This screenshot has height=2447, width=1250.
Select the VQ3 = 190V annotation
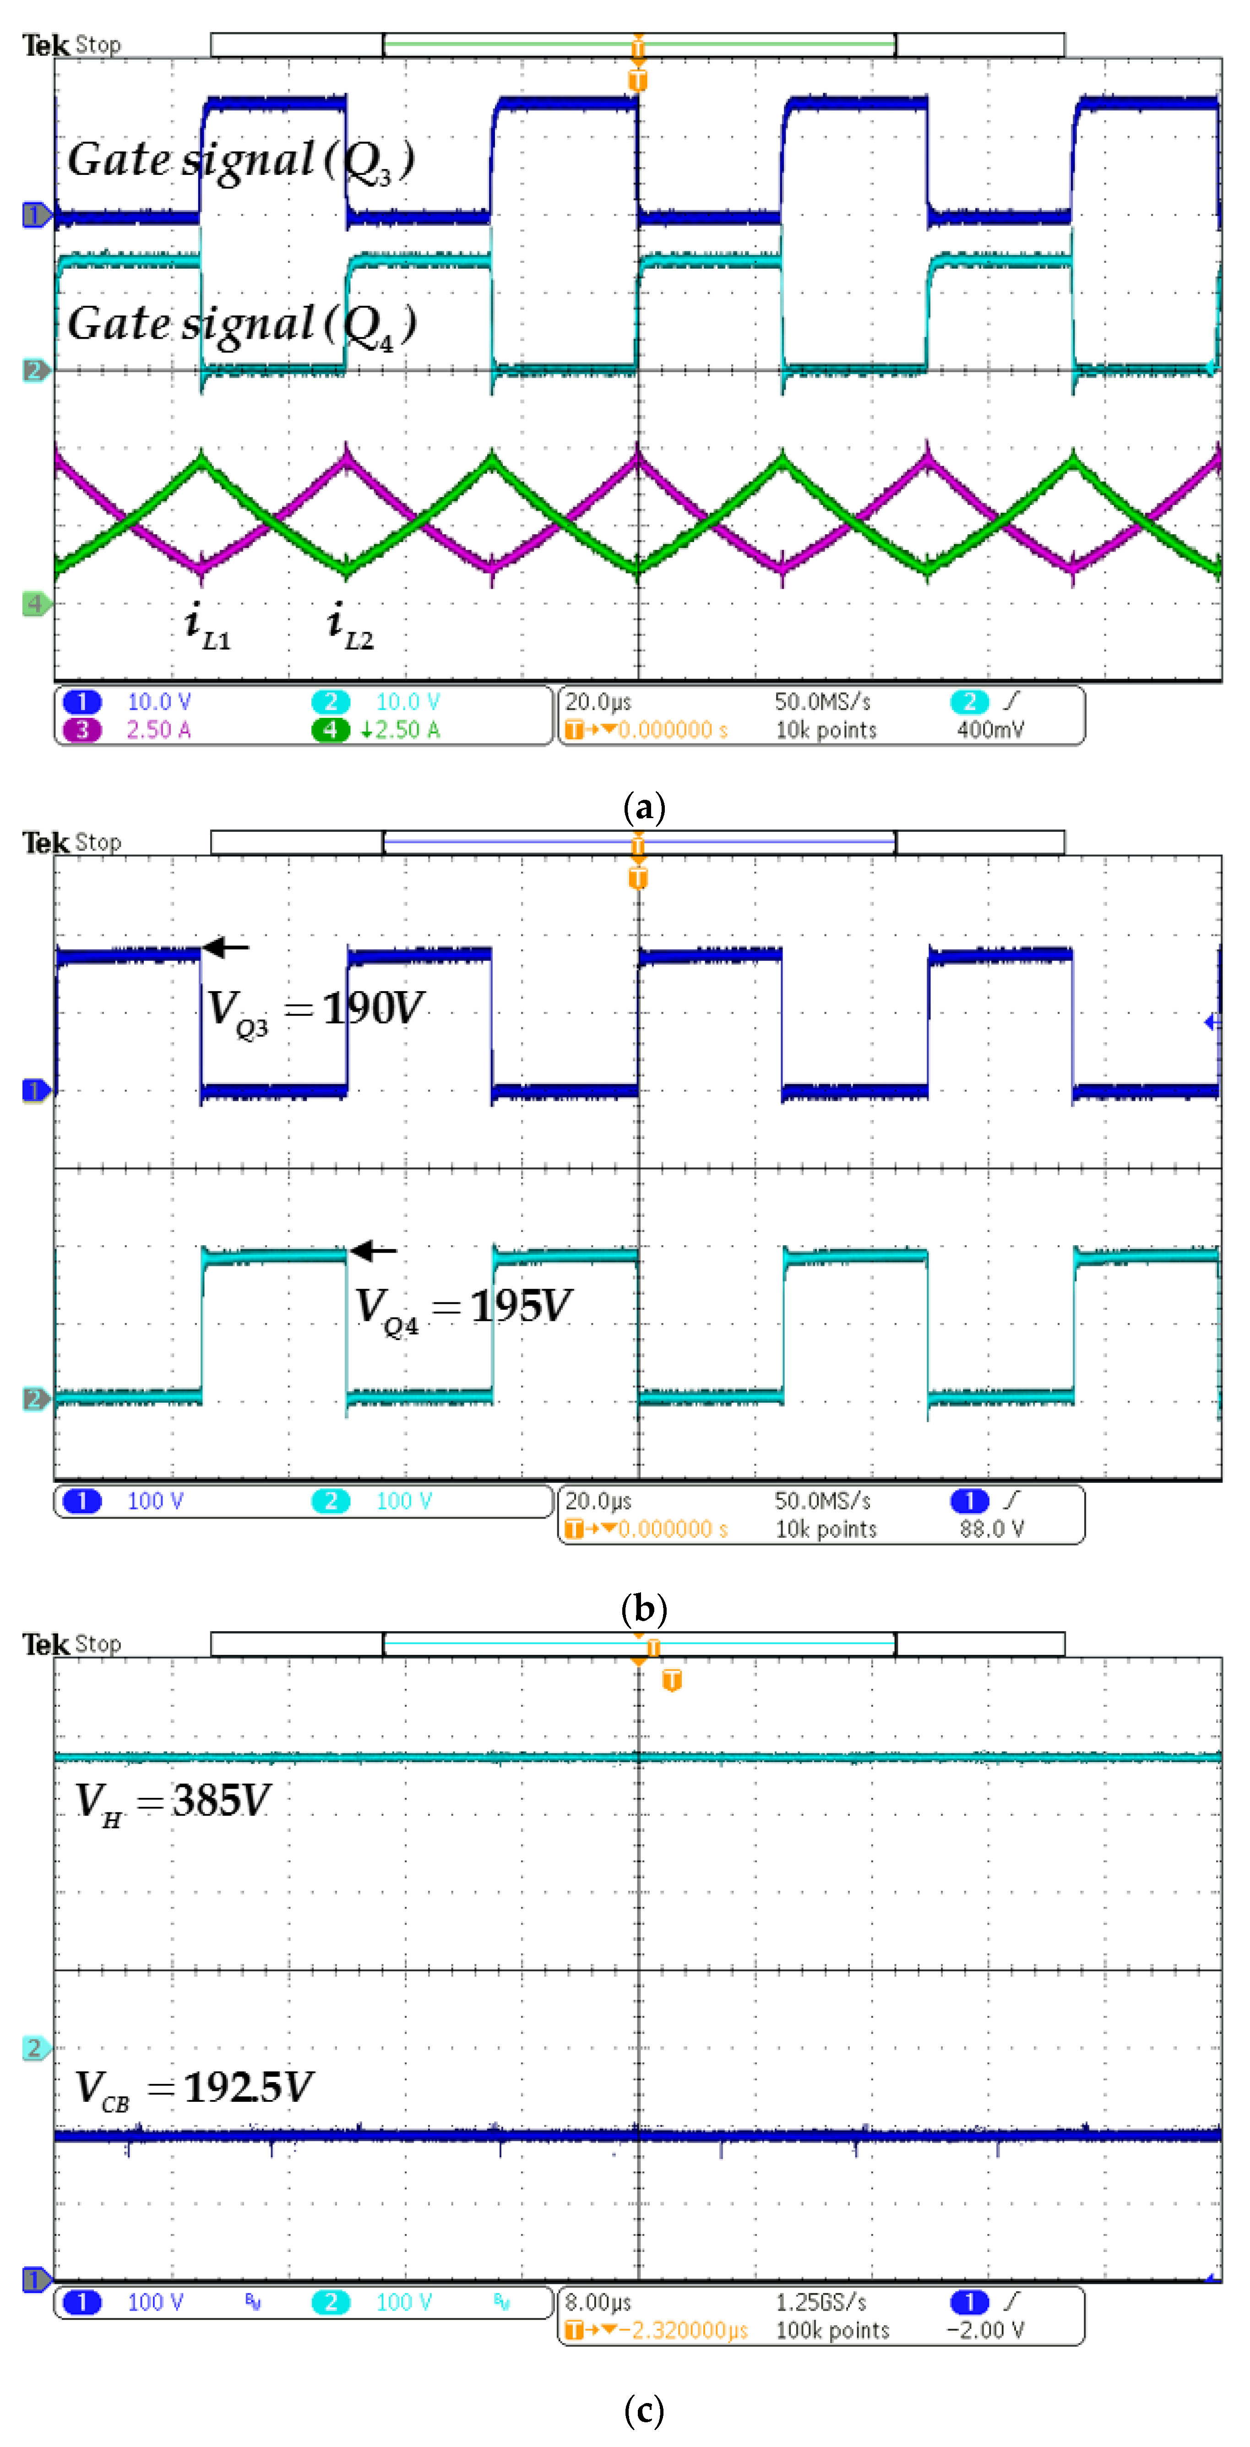(315, 1009)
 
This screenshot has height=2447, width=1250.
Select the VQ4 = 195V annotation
(462, 1307)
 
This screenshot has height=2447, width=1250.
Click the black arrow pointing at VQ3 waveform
(226, 947)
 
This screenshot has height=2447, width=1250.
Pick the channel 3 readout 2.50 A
(158, 730)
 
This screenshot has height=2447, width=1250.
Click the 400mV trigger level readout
(990, 730)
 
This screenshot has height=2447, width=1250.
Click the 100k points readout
(832, 2330)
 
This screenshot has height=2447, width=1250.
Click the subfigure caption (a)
(644, 808)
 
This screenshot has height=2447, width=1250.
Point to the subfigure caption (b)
(644, 1608)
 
